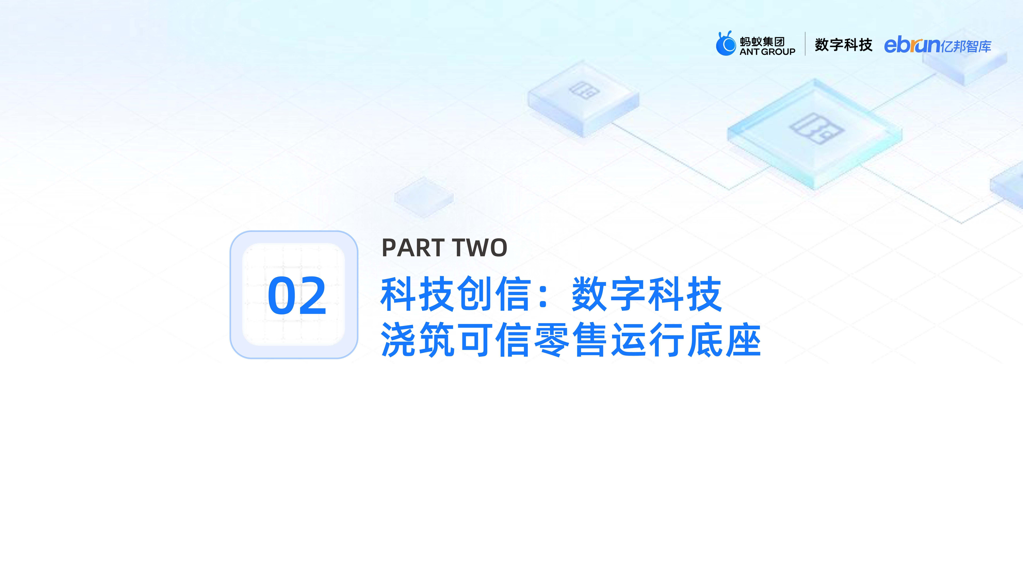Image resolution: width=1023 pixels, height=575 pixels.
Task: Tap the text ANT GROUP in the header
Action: point(767,52)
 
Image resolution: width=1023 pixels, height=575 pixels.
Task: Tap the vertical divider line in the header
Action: point(805,44)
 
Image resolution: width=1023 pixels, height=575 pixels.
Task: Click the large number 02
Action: point(297,296)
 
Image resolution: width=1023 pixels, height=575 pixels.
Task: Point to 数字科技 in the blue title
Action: point(647,294)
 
